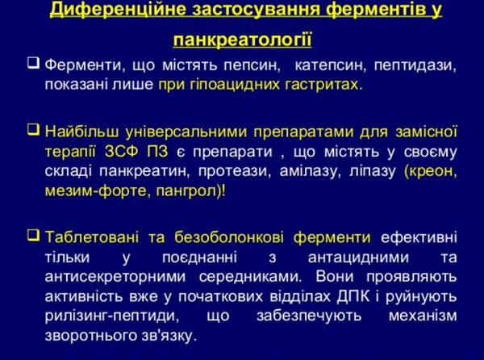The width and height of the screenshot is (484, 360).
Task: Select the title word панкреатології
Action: point(242,40)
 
